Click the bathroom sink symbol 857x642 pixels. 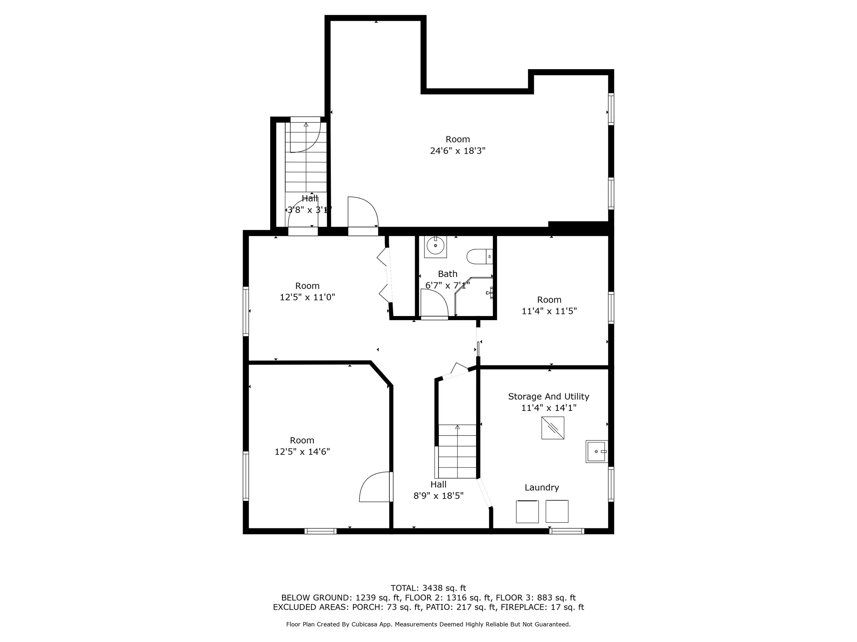(x=435, y=246)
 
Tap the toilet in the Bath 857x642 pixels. (x=479, y=256)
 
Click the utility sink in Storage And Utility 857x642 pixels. (x=596, y=451)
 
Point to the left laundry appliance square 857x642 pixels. (x=527, y=512)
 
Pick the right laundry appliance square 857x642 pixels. (x=557, y=511)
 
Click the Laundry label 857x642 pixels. (x=542, y=488)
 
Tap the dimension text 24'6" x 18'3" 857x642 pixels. (x=458, y=151)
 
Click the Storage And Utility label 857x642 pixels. (x=548, y=396)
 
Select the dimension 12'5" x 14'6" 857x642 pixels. (x=302, y=452)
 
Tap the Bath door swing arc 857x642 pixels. (x=434, y=304)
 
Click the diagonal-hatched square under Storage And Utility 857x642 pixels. (x=553, y=428)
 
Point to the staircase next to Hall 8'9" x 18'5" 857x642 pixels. (x=457, y=451)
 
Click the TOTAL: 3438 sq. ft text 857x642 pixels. (x=428, y=588)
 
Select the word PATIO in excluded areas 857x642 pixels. (x=438, y=607)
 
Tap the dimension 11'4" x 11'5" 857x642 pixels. (x=549, y=311)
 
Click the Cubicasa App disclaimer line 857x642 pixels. (x=428, y=624)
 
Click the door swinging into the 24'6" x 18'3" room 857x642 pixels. (x=363, y=212)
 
